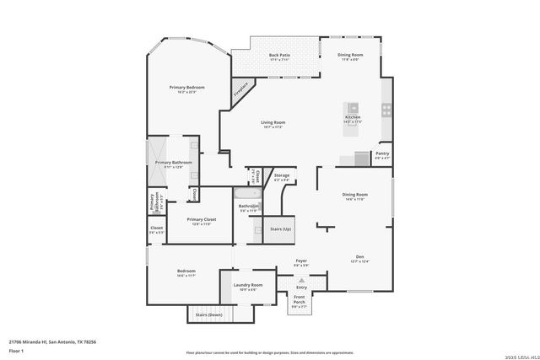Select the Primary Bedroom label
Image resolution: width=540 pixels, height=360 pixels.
[186, 88]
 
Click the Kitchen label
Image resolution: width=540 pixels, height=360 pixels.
[352, 118]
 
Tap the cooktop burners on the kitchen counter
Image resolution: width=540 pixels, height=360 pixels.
[386, 109]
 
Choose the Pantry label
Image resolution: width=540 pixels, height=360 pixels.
[382, 154]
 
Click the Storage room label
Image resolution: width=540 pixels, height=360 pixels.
[281, 176]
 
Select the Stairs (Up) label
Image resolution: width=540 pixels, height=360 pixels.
[280, 228]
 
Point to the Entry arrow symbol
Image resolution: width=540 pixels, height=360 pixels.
[301, 279]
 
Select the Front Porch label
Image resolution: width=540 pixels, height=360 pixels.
[300, 298]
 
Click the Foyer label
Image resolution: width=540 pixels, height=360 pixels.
[301, 261]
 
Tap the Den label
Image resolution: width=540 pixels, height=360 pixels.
[360, 259]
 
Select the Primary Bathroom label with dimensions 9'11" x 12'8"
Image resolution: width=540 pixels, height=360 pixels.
[174, 163]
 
